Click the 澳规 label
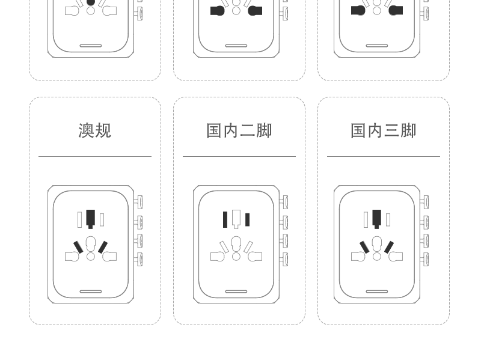(95, 130)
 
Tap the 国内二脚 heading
(239, 130)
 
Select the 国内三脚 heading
(384, 130)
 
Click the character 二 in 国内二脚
(248, 130)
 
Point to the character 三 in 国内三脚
(392, 130)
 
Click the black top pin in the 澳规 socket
(90, 218)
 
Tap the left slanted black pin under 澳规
(78, 247)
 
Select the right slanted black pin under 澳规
(103, 247)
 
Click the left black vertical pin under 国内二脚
(225, 219)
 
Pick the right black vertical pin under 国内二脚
(247, 219)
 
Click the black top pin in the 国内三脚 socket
(376, 218)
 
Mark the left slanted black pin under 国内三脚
(364, 247)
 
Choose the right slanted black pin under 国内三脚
(389, 247)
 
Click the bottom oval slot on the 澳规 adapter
(91, 291)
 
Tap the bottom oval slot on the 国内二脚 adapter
(236, 291)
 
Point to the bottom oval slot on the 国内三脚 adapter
(377, 291)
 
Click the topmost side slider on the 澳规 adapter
(139, 202)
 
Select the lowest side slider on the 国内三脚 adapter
(425, 259)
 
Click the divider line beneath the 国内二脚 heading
(239, 156)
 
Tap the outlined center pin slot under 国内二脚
(236, 218)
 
